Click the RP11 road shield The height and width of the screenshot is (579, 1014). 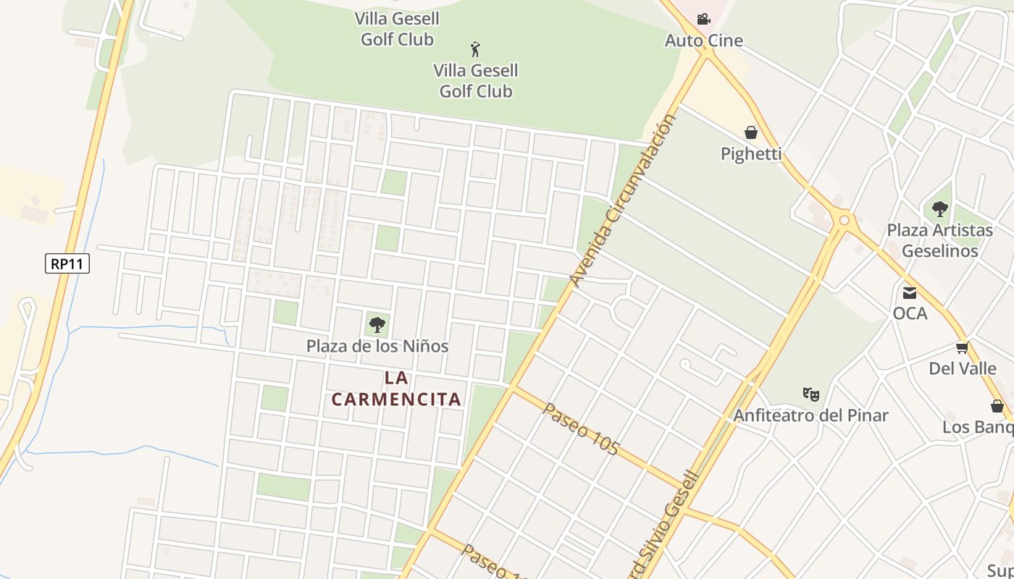(x=67, y=263)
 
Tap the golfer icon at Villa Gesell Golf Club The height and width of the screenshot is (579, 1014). (x=475, y=49)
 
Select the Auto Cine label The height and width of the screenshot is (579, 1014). (x=704, y=41)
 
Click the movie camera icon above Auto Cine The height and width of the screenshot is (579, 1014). (x=703, y=19)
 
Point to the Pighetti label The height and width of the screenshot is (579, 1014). (x=751, y=153)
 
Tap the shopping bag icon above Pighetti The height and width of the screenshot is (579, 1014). (x=751, y=132)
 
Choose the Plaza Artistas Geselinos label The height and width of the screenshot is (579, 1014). (x=940, y=240)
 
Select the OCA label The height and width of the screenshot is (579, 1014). (x=910, y=313)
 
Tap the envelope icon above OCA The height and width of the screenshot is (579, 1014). (x=910, y=293)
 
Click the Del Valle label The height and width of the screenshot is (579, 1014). (x=963, y=368)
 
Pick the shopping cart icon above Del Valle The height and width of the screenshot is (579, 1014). (x=963, y=348)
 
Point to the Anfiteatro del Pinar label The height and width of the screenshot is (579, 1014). (x=810, y=415)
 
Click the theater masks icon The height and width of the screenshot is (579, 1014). (x=811, y=394)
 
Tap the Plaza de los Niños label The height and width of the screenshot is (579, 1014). (x=377, y=346)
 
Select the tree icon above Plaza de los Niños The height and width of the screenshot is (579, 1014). (x=377, y=325)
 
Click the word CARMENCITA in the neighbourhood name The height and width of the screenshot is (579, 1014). (x=396, y=399)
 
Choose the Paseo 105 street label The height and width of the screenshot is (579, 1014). (x=581, y=429)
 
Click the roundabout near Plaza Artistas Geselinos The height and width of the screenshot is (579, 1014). (x=843, y=219)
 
